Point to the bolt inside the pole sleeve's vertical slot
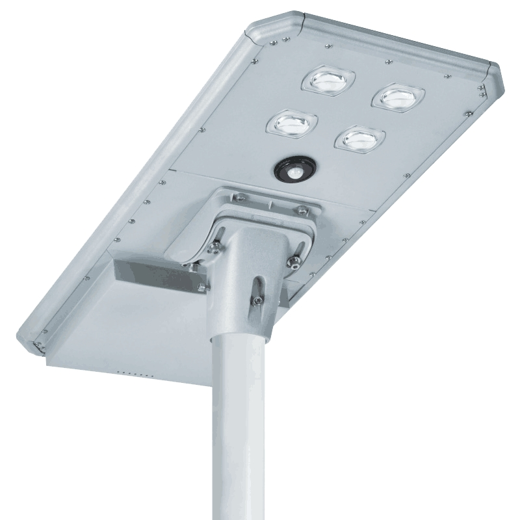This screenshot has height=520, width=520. (x=258, y=299)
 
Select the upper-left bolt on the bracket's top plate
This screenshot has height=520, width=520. (x=240, y=198)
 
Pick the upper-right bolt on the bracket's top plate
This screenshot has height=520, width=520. (x=302, y=209)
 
